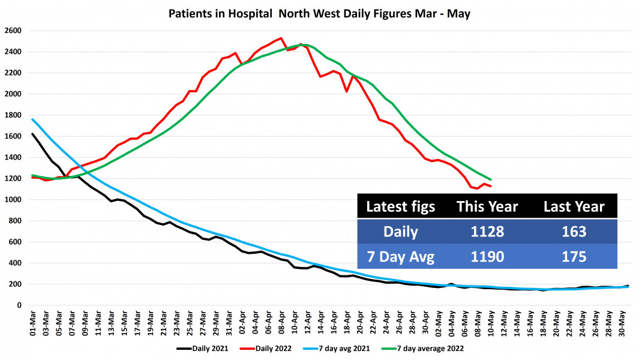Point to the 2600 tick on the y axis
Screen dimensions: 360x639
coord(13,31)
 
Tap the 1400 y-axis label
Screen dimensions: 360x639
coord(13,157)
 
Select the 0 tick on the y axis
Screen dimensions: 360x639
coord(19,305)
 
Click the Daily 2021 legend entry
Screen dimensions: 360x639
coord(204,347)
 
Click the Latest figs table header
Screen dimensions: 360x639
coord(400,206)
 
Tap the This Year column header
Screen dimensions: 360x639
coord(487,206)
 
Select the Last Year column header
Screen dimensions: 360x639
coord(574,206)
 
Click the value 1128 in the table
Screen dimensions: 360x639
coord(487,231)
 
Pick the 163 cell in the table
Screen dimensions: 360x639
coord(574,231)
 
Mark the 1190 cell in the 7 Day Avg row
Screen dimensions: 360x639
coord(487,256)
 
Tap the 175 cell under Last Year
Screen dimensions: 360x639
coord(574,256)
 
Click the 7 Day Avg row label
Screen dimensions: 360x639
coord(400,256)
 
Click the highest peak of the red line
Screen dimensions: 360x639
coord(281,38)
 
